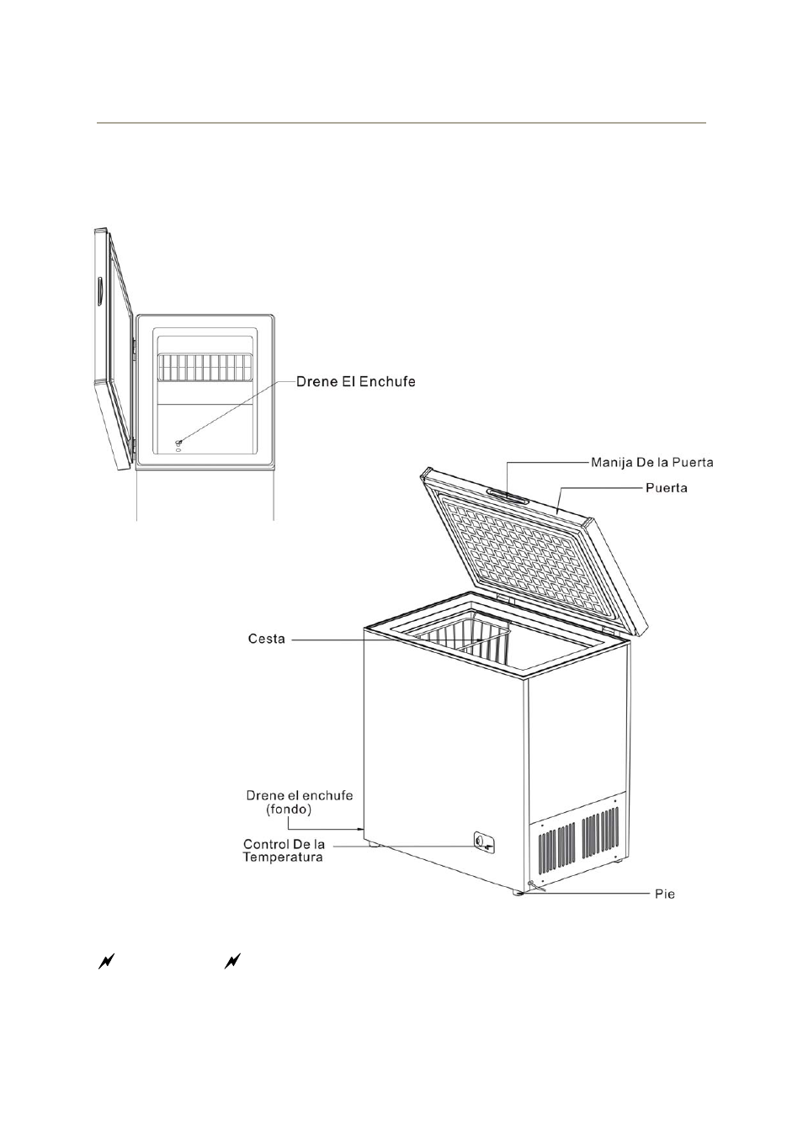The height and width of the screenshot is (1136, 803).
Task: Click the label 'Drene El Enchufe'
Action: (x=355, y=382)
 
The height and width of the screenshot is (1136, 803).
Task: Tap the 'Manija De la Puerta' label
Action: (x=651, y=462)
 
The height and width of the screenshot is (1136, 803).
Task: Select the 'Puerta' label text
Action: (x=666, y=487)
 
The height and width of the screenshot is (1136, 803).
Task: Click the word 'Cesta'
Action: (x=267, y=639)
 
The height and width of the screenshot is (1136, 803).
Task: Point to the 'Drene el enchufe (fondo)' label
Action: (x=299, y=802)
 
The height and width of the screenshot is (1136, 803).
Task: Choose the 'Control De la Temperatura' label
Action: (x=284, y=851)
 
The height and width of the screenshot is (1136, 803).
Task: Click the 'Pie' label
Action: (x=665, y=894)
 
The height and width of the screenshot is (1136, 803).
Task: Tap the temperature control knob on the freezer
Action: (x=481, y=840)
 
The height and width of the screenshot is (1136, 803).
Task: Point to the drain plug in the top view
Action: (x=178, y=442)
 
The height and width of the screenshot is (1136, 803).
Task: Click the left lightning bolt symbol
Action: (x=105, y=961)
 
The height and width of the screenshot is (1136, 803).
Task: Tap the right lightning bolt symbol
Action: (x=232, y=961)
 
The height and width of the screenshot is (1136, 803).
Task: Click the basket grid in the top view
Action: (x=205, y=367)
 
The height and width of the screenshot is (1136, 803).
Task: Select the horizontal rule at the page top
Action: (x=401, y=123)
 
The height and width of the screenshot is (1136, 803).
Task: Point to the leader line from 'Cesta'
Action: (x=354, y=640)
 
